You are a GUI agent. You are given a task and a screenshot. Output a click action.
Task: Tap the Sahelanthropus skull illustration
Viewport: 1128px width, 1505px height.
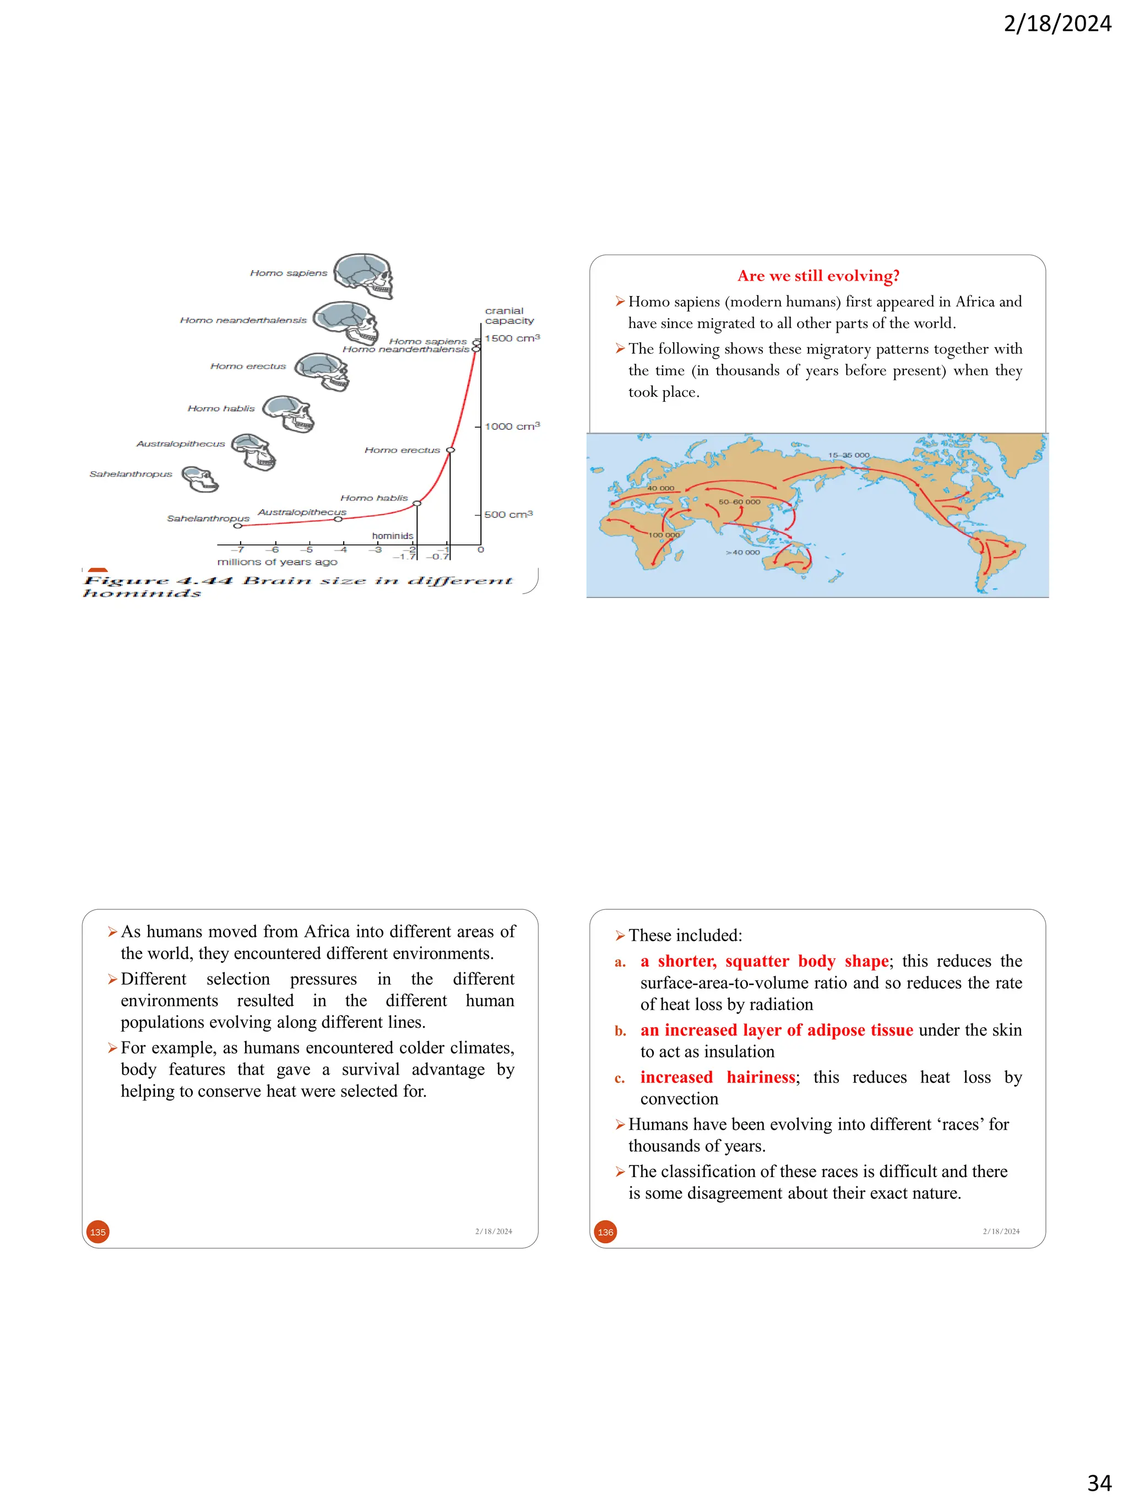(x=200, y=479)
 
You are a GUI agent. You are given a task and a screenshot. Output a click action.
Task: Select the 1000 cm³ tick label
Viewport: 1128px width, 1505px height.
(x=511, y=427)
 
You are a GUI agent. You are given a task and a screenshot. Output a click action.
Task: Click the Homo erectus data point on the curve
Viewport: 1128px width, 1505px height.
(x=450, y=450)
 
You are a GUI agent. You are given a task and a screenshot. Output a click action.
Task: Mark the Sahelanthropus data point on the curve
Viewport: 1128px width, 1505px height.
(x=237, y=526)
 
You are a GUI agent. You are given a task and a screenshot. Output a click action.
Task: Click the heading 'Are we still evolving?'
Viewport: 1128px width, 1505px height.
(x=818, y=276)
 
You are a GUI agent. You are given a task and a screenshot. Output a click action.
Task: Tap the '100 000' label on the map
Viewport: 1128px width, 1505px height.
(x=664, y=535)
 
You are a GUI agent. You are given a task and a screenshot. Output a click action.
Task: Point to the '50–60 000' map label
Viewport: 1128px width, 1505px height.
(x=739, y=502)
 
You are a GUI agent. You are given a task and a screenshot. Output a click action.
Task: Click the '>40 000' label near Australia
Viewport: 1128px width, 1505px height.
(x=742, y=553)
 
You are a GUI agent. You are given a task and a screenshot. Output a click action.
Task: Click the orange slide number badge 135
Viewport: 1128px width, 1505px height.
(x=98, y=1232)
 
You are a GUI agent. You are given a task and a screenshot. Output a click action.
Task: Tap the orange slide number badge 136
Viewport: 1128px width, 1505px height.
(x=605, y=1232)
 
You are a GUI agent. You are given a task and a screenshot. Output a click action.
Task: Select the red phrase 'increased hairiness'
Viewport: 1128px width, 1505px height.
(x=717, y=1077)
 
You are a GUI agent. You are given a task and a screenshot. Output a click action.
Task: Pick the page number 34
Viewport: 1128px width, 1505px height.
(x=1099, y=1482)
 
